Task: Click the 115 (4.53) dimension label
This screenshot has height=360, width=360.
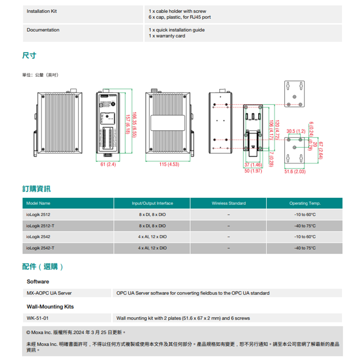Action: (169, 165)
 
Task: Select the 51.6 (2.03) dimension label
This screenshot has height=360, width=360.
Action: (295, 172)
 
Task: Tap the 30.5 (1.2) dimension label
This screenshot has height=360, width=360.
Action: (296, 131)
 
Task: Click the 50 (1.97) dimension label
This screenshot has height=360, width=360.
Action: (253, 171)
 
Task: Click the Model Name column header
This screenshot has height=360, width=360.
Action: (39, 203)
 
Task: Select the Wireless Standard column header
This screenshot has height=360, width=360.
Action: (229, 203)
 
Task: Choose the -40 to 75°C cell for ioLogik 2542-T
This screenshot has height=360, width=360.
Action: (304, 248)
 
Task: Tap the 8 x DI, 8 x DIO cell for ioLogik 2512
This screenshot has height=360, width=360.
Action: (152, 215)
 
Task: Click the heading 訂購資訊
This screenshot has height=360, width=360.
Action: (36, 189)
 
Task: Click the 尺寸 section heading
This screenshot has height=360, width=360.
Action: (29, 55)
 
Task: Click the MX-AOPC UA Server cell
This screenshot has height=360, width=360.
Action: (49, 293)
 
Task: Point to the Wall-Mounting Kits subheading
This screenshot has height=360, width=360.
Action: (50, 307)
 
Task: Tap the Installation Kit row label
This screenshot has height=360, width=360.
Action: (42, 11)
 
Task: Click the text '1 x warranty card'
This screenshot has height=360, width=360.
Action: (167, 36)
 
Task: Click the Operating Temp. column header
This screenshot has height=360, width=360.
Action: (305, 203)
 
